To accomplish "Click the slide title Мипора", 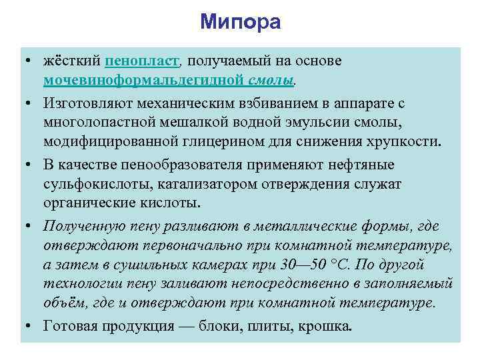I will [240, 22].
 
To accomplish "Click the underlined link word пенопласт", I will [142, 61].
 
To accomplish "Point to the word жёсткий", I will [72, 61].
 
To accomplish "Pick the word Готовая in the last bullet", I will [70, 327].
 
